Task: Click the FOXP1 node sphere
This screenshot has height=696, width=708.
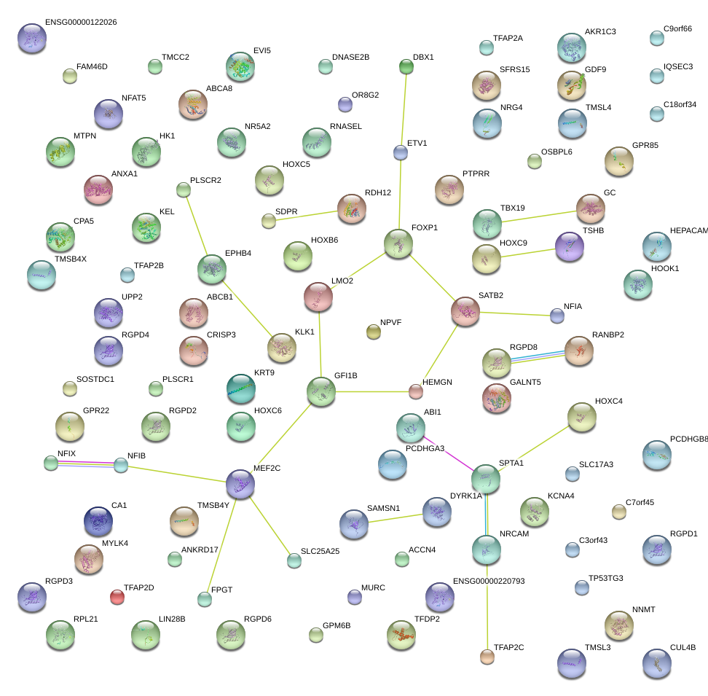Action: pos(398,243)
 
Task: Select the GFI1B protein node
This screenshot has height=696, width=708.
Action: pos(321,391)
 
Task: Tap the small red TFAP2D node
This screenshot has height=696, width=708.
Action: pos(117,598)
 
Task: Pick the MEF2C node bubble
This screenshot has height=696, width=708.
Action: pos(240,483)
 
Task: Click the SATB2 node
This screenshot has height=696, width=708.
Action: pos(465,310)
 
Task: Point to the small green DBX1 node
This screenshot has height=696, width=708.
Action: pos(406,67)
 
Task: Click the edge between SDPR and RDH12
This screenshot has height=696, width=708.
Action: pos(302,215)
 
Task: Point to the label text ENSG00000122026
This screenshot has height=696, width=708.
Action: pos(81,23)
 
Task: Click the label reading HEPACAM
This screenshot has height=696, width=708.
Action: pos(688,230)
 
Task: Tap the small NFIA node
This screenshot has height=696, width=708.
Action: pos(557,316)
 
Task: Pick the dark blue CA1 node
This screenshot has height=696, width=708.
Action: pos(98,520)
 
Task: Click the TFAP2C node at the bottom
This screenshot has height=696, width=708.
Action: pos(487,657)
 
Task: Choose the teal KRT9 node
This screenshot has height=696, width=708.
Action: pos(241,388)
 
